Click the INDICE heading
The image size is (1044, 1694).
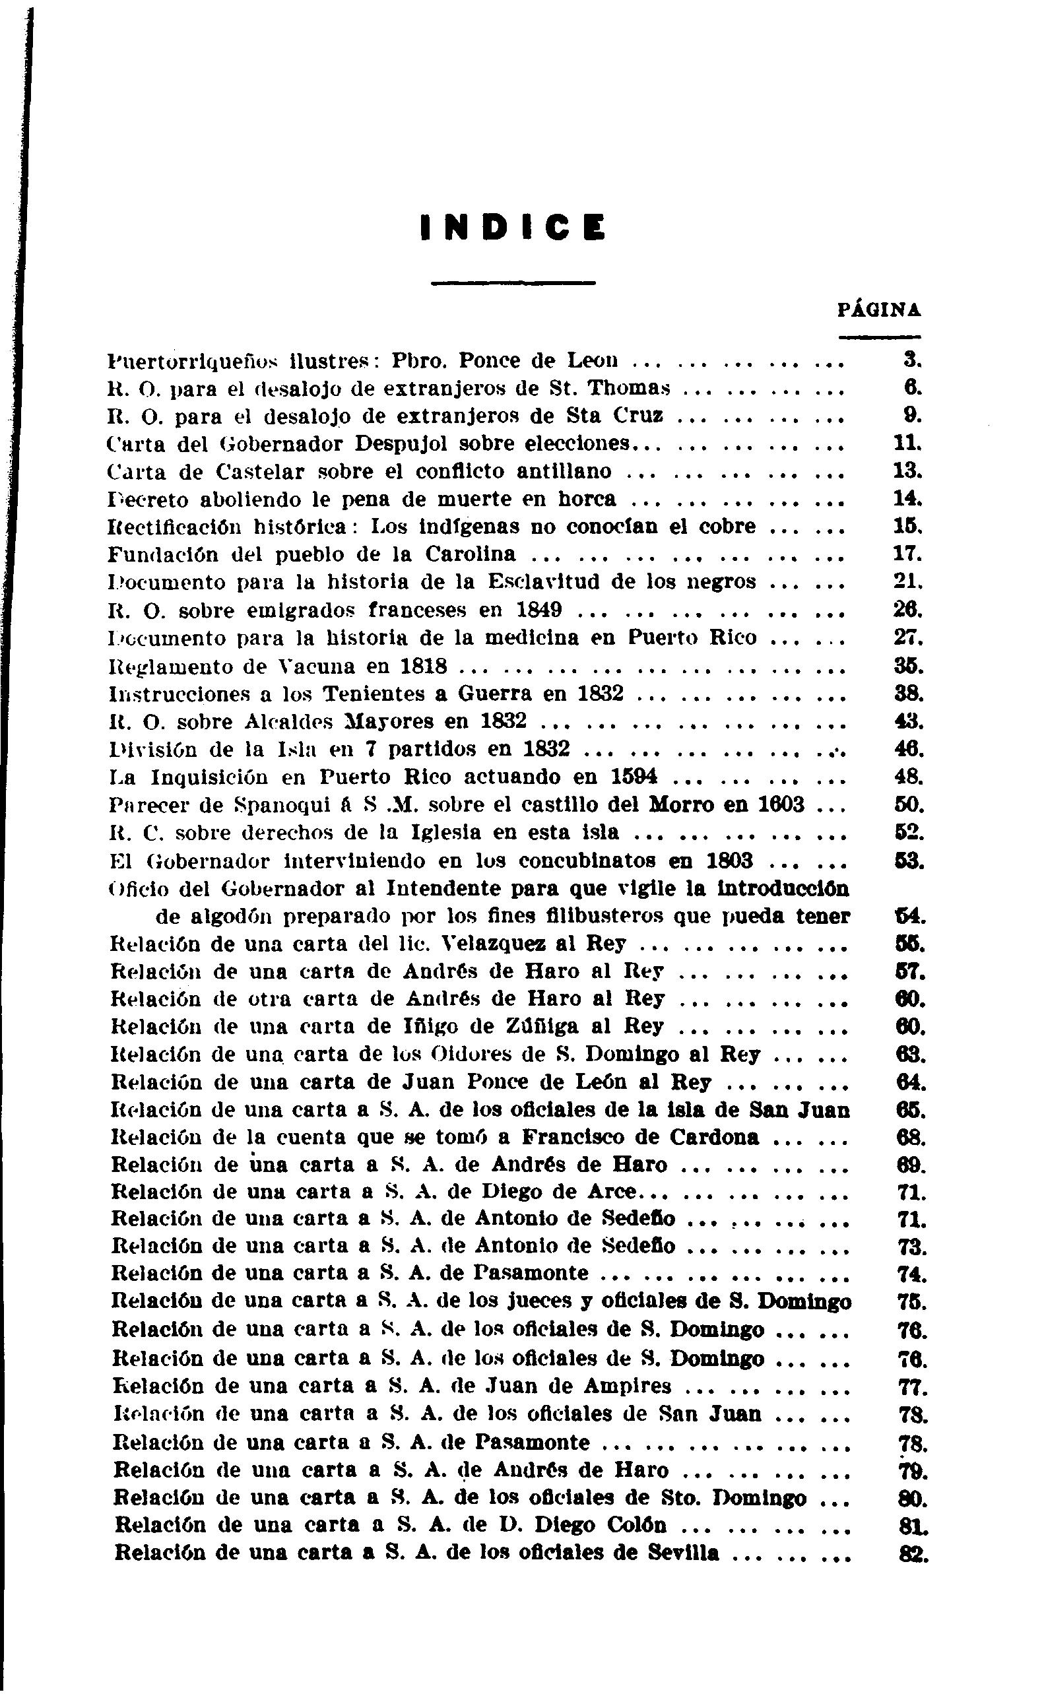(512, 228)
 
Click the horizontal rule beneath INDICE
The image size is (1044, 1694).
(512, 282)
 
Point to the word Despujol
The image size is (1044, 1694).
(399, 443)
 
